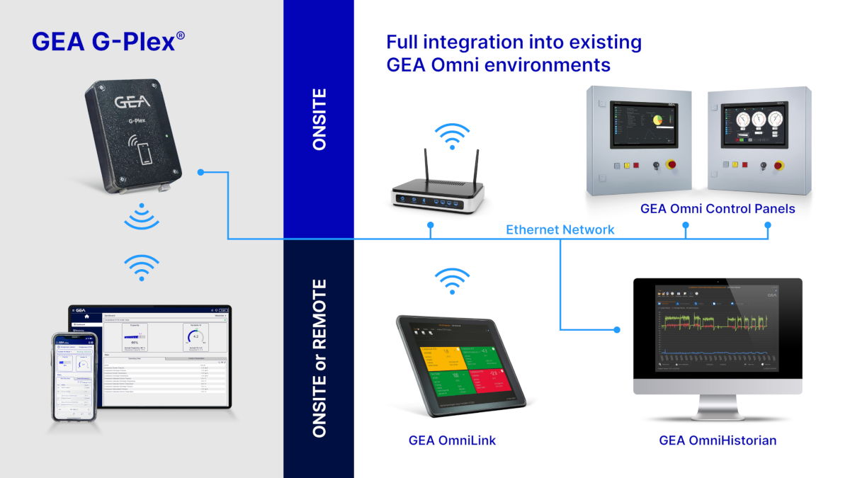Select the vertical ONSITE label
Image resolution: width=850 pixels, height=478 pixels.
pos(319,119)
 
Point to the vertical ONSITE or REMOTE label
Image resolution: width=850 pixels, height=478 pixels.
pos(319,358)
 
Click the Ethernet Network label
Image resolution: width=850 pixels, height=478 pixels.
pos(560,229)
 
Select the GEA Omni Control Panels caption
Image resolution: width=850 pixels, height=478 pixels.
pos(718,209)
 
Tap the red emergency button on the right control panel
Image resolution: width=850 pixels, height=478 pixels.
pos(778,167)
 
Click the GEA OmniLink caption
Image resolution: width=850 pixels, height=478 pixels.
pos(452,440)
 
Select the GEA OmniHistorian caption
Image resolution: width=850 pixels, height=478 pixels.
pos(718,440)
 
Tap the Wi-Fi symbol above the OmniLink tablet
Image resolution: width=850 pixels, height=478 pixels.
pos(452,281)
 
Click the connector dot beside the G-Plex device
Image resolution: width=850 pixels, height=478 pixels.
pos(201,172)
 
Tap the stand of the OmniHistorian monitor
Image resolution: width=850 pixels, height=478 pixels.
pos(718,406)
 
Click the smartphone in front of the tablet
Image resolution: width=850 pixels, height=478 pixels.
pos(74,377)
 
